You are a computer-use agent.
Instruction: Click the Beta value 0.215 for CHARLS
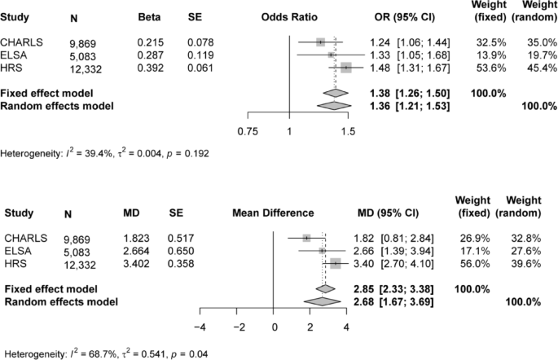[x=151, y=42]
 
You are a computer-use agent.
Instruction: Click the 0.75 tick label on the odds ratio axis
[x=247, y=130]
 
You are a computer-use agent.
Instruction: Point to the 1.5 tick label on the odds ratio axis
[x=348, y=130]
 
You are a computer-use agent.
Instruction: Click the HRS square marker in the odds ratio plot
[x=346, y=68]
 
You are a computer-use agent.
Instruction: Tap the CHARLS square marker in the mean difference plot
[x=307, y=238]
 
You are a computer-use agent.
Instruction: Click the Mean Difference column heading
[x=273, y=213]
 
